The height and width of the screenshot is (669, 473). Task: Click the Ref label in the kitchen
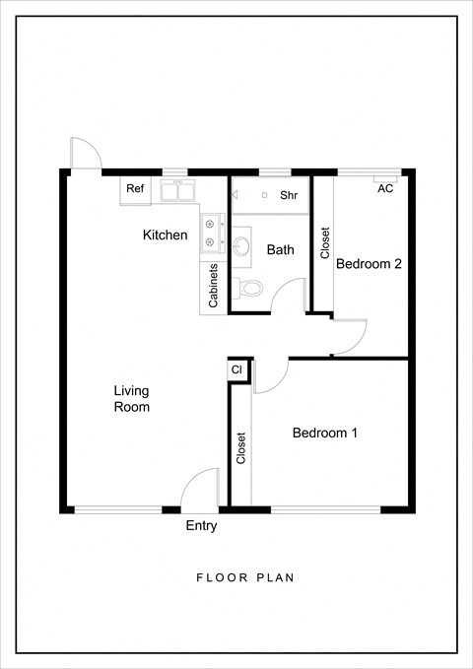point(135,188)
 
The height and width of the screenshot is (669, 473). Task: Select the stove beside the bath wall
point(211,233)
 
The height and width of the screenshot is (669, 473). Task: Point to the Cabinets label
point(213,285)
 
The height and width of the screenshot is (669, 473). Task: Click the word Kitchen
point(165,235)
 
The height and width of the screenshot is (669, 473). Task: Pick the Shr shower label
point(289,196)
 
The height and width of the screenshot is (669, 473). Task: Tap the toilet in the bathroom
point(249,289)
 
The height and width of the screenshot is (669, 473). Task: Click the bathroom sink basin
point(242,246)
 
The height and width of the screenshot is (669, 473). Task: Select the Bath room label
point(281,250)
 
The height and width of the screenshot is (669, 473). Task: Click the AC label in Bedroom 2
point(385,189)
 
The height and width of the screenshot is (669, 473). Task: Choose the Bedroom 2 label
point(370,264)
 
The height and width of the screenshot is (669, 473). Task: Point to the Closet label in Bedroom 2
point(325,243)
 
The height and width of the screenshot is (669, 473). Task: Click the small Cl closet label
point(236,369)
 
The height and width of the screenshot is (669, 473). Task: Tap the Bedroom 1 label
point(324,433)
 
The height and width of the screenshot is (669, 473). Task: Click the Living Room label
point(131,398)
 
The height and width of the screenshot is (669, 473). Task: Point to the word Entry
point(201,526)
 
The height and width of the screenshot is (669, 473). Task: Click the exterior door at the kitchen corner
point(84,154)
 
